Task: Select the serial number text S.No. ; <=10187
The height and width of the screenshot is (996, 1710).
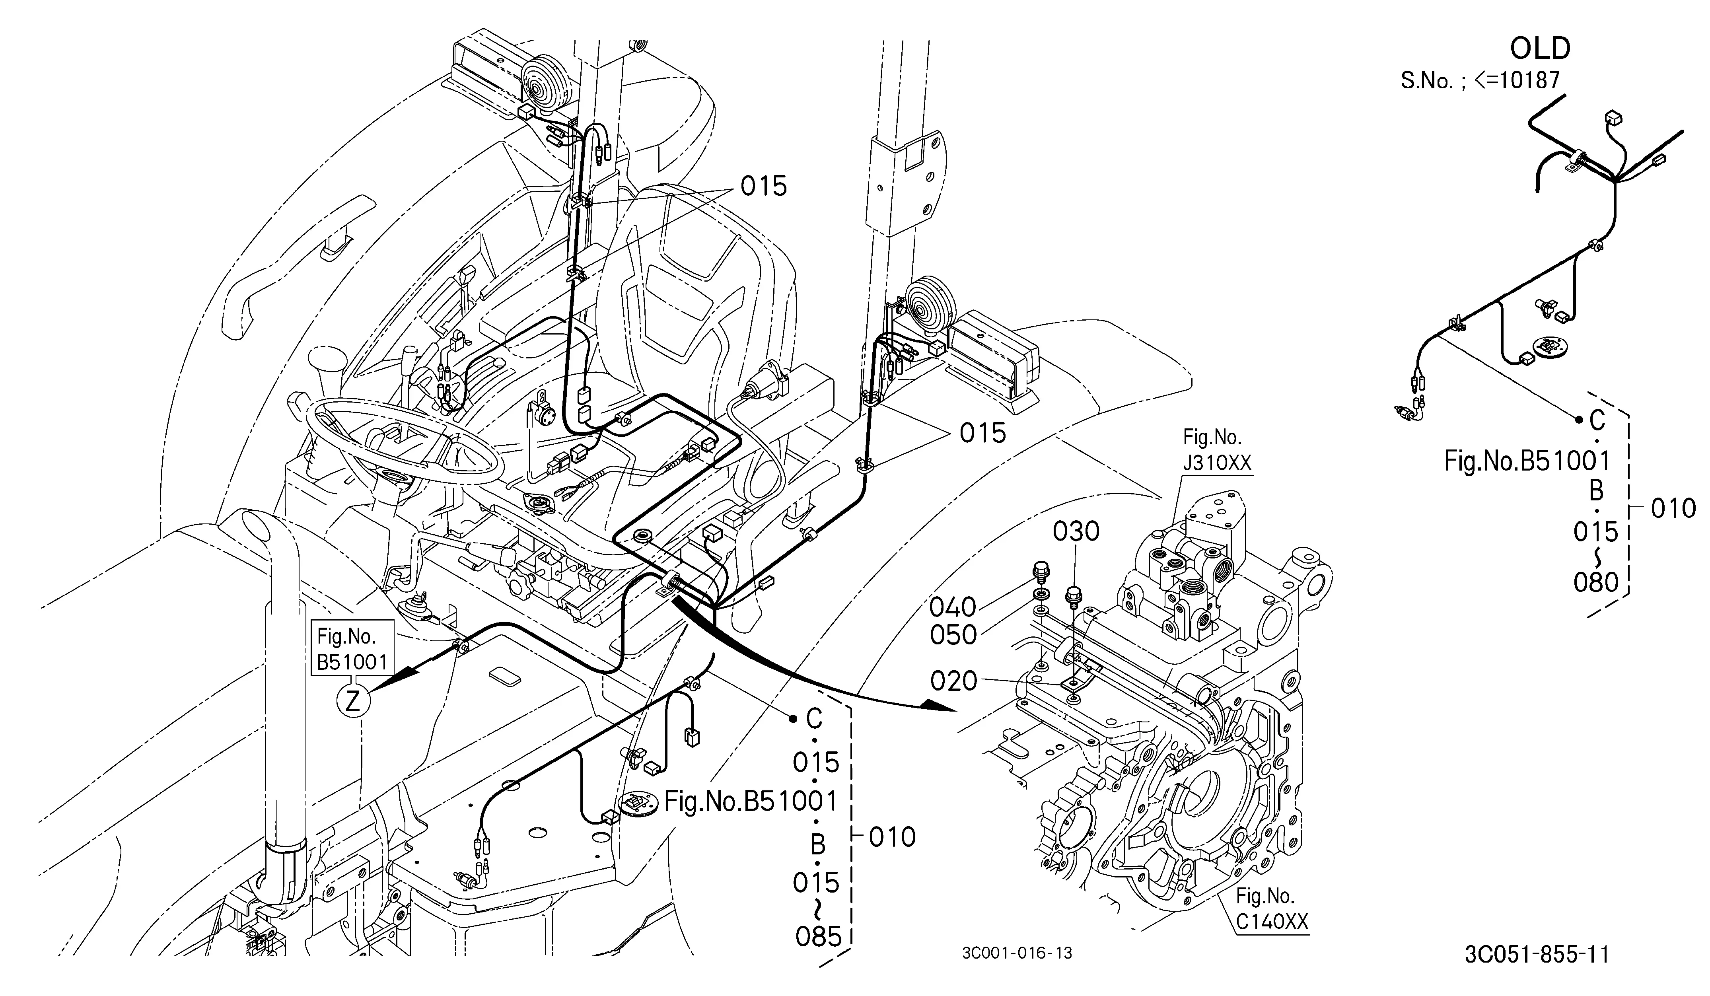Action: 1480,81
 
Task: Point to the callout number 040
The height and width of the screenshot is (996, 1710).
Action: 953,607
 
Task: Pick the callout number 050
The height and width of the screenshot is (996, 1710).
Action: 953,635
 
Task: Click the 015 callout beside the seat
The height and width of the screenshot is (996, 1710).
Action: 763,186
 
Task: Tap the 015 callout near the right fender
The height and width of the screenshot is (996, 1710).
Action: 982,433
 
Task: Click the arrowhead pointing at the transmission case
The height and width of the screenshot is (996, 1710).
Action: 939,706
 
